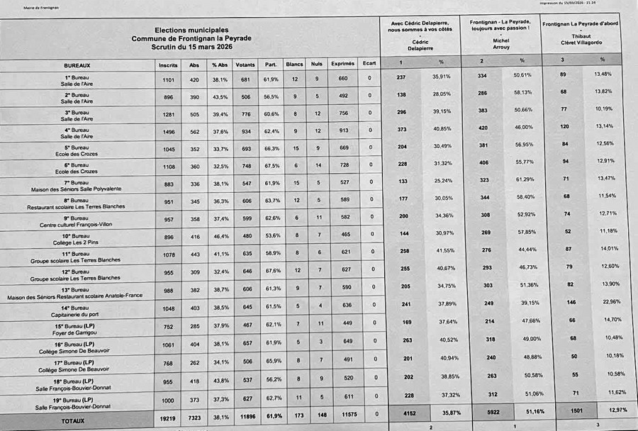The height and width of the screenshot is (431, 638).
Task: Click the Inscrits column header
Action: [x=168, y=64]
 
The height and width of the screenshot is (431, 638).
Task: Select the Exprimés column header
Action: [x=343, y=64]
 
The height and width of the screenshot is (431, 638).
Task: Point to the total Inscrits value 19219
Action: [x=168, y=420]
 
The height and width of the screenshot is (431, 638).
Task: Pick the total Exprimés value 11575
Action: [x=343, y=420]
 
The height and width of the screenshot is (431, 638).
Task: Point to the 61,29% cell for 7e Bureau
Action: [x=523, y=180]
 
